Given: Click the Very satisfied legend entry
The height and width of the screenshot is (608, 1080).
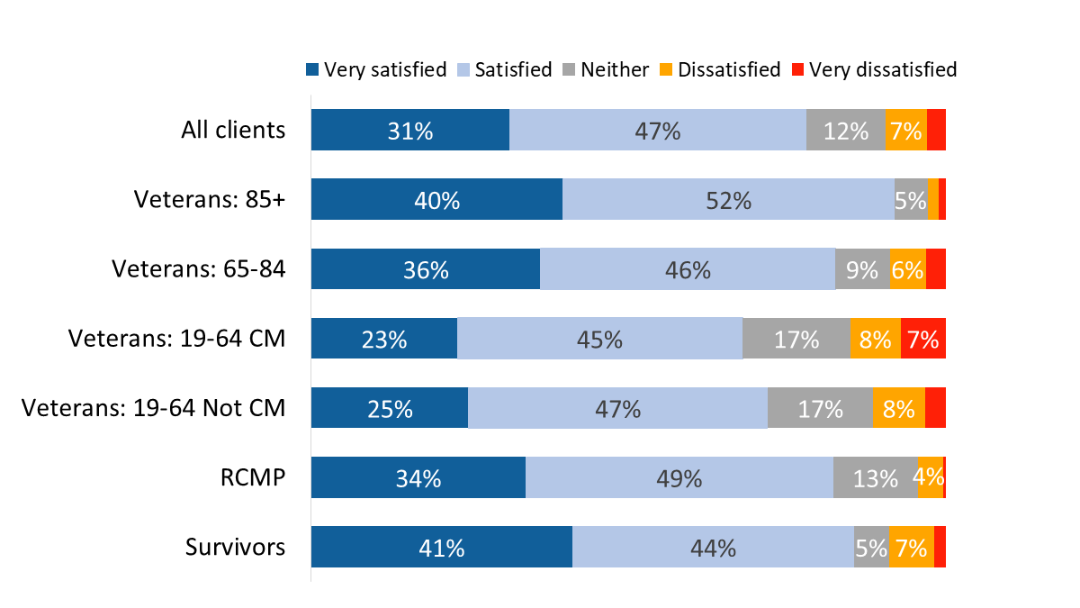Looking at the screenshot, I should [376, 69].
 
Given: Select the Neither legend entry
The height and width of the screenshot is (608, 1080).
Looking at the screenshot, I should [605, 69].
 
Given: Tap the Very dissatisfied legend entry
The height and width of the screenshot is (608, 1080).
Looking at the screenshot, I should [873, 69].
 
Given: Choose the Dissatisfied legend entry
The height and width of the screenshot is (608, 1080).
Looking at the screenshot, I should [720, 69].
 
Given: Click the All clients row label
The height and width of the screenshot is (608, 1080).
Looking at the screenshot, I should [233, 130].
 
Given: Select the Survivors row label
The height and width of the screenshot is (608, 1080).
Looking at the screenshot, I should [236, 547].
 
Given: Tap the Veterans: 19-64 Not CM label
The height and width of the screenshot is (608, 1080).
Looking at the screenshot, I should [153, 408].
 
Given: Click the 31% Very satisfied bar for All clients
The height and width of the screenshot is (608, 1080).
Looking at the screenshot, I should [410, 130].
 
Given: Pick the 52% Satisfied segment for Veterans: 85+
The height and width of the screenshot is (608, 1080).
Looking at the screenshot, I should [728, 199].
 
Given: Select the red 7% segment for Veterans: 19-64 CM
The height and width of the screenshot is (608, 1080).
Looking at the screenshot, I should [922, 339].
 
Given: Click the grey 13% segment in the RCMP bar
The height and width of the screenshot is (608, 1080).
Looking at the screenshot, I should [876, 477].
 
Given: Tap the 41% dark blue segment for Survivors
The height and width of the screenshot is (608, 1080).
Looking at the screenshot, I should [442, 547].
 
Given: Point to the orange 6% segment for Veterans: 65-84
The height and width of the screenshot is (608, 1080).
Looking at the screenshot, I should [908, 268].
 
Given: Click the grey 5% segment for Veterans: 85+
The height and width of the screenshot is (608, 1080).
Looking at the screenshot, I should [911, 199].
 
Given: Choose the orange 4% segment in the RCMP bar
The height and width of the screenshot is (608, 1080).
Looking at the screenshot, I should [930, 477].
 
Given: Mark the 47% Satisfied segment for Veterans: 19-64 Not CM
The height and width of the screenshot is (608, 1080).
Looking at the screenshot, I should [617, 408].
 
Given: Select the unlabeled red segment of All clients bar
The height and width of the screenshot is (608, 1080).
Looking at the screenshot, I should [936, 130].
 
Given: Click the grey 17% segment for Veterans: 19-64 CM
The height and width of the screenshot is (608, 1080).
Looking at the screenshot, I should [796, 339].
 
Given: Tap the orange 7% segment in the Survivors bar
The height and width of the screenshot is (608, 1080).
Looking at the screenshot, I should [911, 547].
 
